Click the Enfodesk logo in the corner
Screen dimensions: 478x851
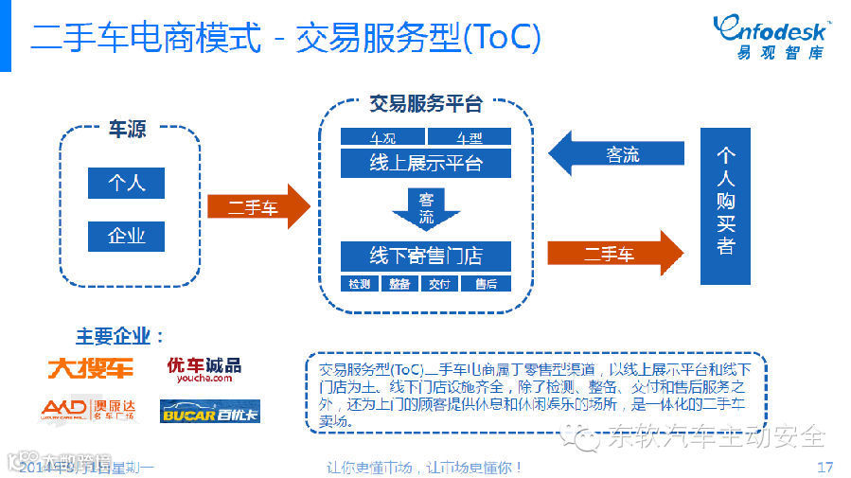771,36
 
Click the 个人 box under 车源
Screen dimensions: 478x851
126,183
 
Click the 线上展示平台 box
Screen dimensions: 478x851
426,163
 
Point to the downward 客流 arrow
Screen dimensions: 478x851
426,210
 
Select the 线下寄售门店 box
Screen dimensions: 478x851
426,256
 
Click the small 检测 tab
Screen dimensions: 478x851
360,283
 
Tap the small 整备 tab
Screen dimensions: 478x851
399,283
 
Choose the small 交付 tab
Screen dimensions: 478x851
439,283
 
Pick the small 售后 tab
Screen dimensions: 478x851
486,283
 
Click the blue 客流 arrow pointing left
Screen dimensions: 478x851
615,154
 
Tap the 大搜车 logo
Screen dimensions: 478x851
91,367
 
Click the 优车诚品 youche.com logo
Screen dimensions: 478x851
204,368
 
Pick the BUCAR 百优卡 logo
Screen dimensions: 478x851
210,411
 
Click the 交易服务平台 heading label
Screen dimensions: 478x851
426,104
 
